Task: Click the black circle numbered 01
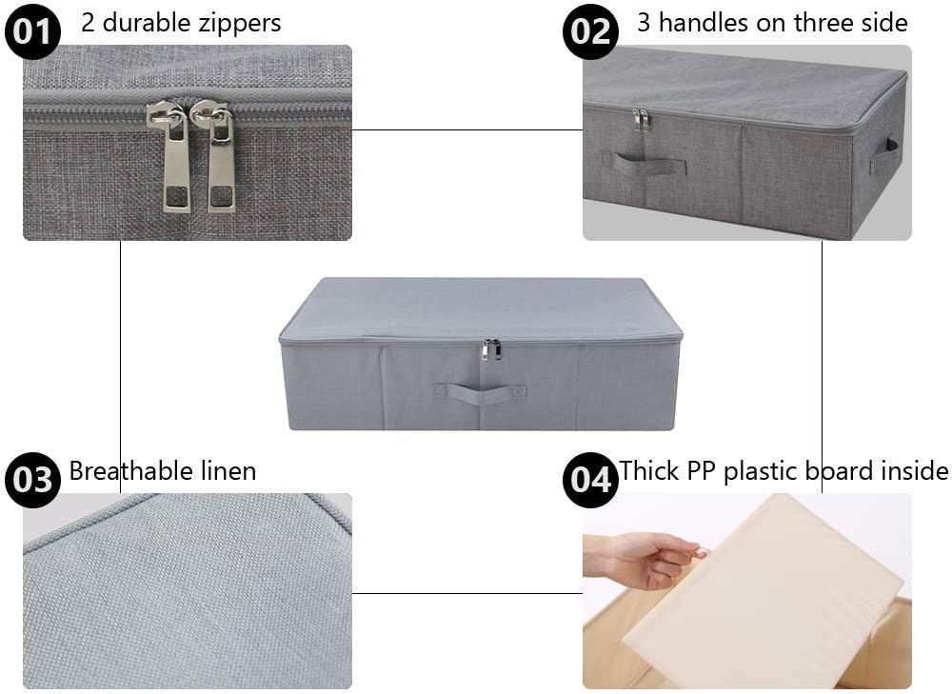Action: [x=32, y=31]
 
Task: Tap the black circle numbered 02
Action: [x=590, y=31]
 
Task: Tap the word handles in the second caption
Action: [x=704, y=23]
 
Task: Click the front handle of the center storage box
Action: [x=480, y=392]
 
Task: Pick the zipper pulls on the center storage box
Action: [x=491, y=349]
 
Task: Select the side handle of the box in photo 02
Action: [x=886, y=156]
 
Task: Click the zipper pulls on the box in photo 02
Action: [x=642, y=120]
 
